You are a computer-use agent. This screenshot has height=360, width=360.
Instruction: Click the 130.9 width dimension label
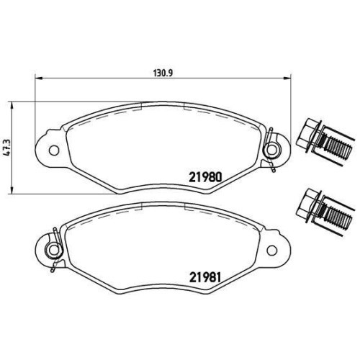coord(163,73)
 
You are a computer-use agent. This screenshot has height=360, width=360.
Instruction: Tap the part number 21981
coord(204,278)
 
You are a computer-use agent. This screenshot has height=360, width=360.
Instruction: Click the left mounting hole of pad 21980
coord(53,150)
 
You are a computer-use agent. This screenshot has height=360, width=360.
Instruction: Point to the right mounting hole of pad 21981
coord(271,251)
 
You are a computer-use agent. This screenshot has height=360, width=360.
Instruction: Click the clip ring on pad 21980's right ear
coord(271,150)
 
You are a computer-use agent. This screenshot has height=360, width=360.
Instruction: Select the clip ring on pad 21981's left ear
coord(54,251)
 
